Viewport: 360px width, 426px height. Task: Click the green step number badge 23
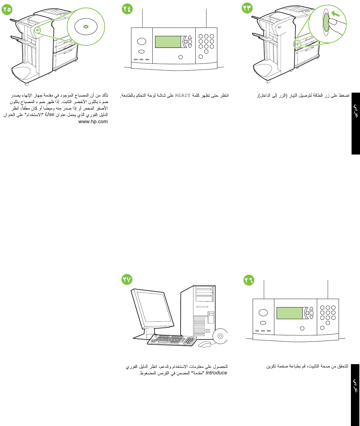pyautogui.click(x=247, y=8)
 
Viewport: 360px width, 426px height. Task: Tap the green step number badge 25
pyautogui.click(x=6, y=9)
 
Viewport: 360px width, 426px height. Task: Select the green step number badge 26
pyautogui.click(x=249, y=280)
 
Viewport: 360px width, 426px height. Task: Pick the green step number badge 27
pyautogui.click(x=127, y=279)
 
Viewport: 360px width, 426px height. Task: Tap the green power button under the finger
pyautogui.click(x=326, y=23)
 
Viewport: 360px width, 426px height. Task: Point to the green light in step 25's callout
pyautogui.click(x=86, y=27)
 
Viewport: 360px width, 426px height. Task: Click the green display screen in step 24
pyautogui.click(x=168, y=42)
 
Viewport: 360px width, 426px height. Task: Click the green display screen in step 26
pyautogui.click(x=289, y=313)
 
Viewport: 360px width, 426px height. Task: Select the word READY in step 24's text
pyautogui.click(x=183, y=95)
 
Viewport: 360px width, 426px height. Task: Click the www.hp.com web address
pyautogui.click(x=93, y=121)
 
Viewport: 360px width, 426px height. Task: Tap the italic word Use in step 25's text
pyautogui.click(x=50, y=114)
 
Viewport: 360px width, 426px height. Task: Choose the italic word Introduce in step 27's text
pyautogui.click(x=216, y=373)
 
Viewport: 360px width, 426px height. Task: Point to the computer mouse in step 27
pyautogui.click(x=205, y=343)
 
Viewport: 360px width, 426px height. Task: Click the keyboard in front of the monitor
pyautogui.click(x=172, y=340)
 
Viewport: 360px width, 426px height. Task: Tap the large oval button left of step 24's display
pyautogui.click(x=141, y=41)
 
